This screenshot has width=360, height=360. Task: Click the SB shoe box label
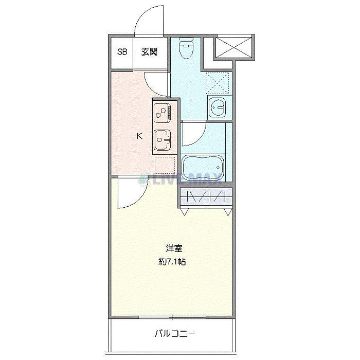tap(122, 52)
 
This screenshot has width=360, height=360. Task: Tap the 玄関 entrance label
tap(149, 52)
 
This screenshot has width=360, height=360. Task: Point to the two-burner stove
tap(161, 112)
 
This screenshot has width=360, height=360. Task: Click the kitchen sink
tap(163, 139)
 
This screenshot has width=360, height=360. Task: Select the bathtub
tap(203, 166)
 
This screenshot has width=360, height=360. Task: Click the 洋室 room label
tap(173, 248)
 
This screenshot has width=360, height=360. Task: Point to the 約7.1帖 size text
tap(172, 261)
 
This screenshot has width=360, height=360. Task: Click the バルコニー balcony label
tap(175, 334)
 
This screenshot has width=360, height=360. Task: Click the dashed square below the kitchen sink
tap(165, 165)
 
